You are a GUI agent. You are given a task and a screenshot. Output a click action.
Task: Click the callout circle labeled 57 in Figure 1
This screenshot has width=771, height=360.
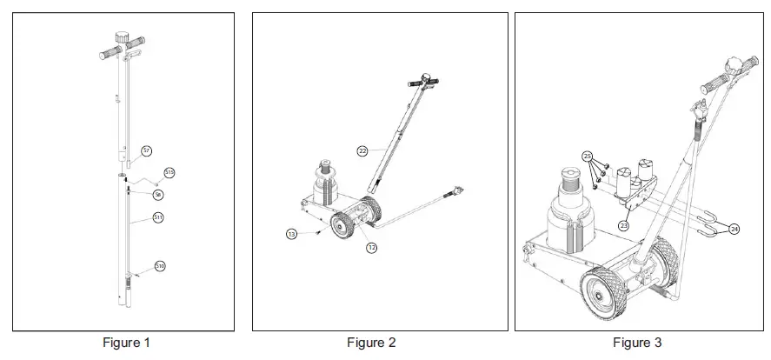point(146,151)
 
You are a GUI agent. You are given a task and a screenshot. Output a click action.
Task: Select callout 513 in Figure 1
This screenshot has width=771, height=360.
point(169,172)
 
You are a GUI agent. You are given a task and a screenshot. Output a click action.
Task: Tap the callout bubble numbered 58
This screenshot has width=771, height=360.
point(157,194)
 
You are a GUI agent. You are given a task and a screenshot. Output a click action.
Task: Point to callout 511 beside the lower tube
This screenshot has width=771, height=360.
point(158,217)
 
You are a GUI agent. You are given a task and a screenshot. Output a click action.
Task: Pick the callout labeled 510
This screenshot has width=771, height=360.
point(159,265)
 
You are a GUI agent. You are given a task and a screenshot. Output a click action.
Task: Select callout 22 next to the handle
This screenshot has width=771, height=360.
point(362,150)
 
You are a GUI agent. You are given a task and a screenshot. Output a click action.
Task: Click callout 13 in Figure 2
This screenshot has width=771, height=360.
point(291,233)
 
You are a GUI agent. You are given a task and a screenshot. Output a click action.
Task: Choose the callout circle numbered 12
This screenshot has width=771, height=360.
point(371,248)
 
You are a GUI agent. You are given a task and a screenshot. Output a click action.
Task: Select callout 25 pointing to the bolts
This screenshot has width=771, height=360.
point(588,157)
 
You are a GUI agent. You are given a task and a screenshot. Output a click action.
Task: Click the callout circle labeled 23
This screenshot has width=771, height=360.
point(622,226)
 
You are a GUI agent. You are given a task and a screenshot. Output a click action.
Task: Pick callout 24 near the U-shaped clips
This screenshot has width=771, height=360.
point(734,230)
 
